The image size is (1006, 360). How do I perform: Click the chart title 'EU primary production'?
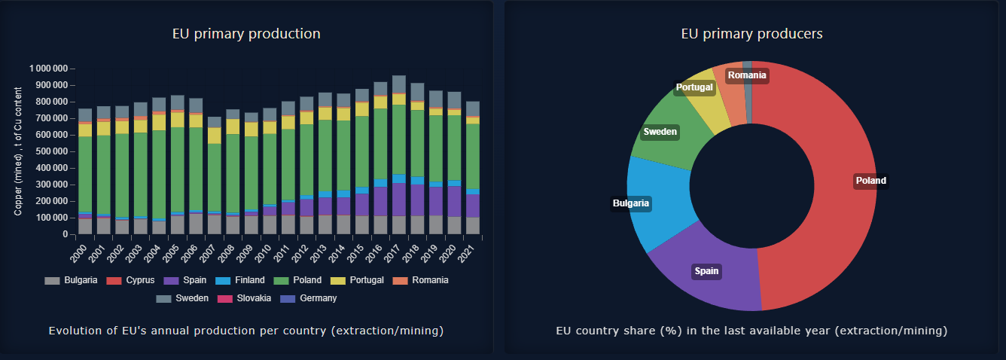tap(246, 34)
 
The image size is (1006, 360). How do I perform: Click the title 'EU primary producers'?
tap(751, 34)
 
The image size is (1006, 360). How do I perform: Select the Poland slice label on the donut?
tap(870, 181)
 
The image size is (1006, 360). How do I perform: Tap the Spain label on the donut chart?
tap(707, 271)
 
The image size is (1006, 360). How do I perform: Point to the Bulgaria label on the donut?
tap(631, 203)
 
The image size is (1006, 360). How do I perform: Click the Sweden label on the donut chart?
tap(660, 133)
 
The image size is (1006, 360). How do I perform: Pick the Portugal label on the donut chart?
tap(694, 87)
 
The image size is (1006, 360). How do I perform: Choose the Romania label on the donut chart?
tap(747, 75)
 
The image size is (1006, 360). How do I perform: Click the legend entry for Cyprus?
tap(135, 280)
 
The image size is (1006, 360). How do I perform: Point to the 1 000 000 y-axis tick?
tap(49, 69)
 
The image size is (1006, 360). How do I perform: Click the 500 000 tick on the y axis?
tap(51, 151)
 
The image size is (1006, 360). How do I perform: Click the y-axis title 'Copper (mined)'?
tap(19, 151)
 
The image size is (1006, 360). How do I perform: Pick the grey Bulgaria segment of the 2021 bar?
tap(473, 226)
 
